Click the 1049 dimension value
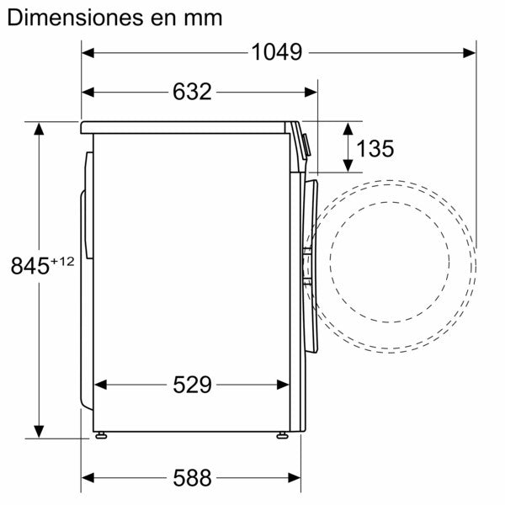(x=276, y=52)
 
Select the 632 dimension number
(x=192, y=92)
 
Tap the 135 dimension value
(x=375, y=149)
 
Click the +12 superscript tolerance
(x=63, y=260)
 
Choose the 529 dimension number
(x=192, y=385)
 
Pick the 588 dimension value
(x=192, y=479)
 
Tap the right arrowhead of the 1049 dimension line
(x=469, y=52)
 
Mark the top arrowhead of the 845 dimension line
(x=39, y=129)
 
